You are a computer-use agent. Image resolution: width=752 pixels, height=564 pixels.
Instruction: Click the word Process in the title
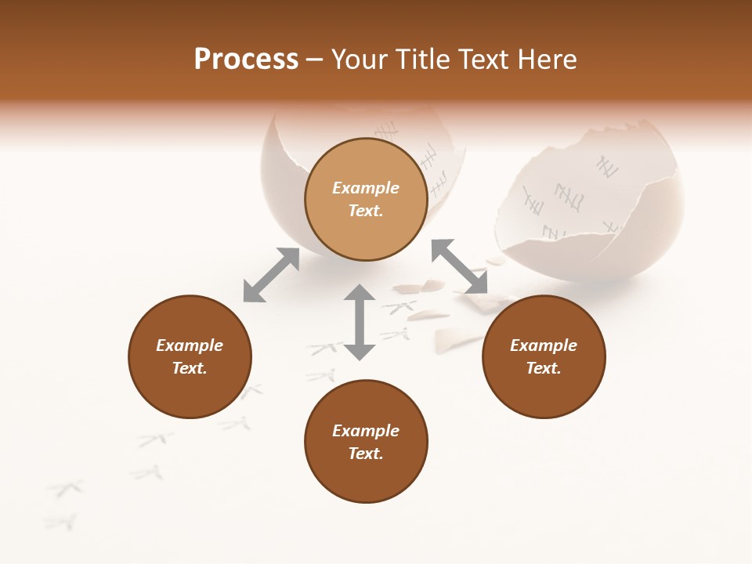pyautogui.click(x=246, y=60)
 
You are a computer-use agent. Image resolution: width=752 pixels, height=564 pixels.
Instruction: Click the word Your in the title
pyautogui.click(x=360, y=60)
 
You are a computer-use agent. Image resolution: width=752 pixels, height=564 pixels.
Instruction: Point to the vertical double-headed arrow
pyautogui.click(x=360, y=322)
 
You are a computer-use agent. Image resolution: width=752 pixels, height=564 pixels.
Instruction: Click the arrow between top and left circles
pyautogui.click(x=271, y=275)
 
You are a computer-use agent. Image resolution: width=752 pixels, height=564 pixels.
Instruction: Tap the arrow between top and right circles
pyautogui.click(x=459, y=266)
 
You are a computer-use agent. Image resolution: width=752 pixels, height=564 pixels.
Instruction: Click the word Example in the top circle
pyautogui.click(x=366, y=188)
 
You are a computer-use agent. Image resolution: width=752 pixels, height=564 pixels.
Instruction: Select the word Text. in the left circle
pyautogui.click(x=190, y=368)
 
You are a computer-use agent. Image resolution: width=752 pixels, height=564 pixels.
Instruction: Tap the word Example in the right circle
pyautogui.click(x=544, y=345)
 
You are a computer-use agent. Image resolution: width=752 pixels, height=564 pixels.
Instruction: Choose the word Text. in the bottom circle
pyautogui.click(x=366, y=454)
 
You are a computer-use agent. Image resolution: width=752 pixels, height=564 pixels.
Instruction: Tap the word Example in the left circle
pyautogui.click(x=190, y=345)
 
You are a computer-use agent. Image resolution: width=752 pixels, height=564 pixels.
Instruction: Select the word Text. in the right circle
pyautogui.click(x=544, y=368)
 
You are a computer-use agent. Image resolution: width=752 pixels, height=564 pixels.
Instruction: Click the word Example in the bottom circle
pyautogui.click(x=366, y=431)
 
